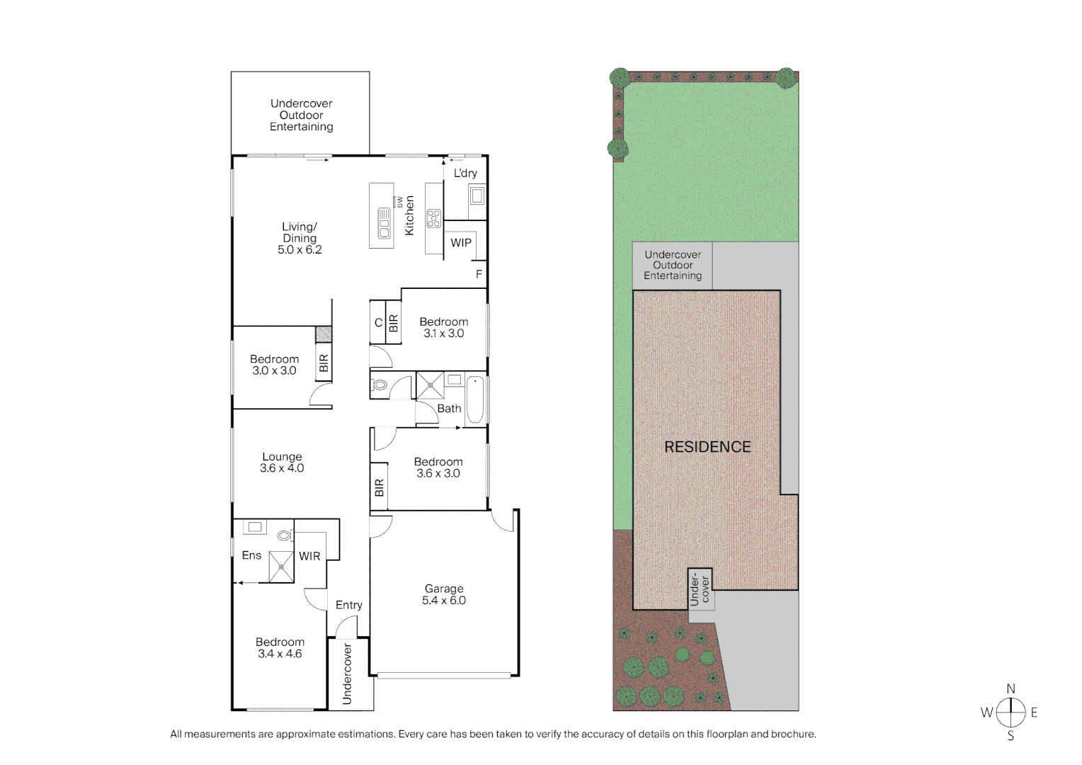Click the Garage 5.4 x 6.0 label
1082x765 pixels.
(444, 594)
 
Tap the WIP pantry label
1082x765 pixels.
(461, 243)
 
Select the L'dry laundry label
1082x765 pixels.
(465, 173)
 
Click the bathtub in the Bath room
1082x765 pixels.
(477, 399)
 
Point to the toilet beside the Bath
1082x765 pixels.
(380, 385)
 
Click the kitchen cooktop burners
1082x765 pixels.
(433, 218)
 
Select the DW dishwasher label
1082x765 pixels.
(399, 201)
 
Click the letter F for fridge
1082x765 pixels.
(479, 274)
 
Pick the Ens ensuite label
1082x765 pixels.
(251, 555)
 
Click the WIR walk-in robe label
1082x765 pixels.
(309, 556)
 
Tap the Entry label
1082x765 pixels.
(349, 605)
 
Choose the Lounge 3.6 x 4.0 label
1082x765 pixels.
(282, 463)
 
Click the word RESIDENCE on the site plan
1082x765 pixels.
(707, 447)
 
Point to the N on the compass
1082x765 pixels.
(1011, 688)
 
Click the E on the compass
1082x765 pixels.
(1034, 713)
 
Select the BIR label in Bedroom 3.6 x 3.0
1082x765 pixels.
(379, 487)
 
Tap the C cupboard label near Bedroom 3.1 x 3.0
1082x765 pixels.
(378, 323)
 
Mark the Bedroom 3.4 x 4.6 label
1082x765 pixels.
(280, 648)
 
